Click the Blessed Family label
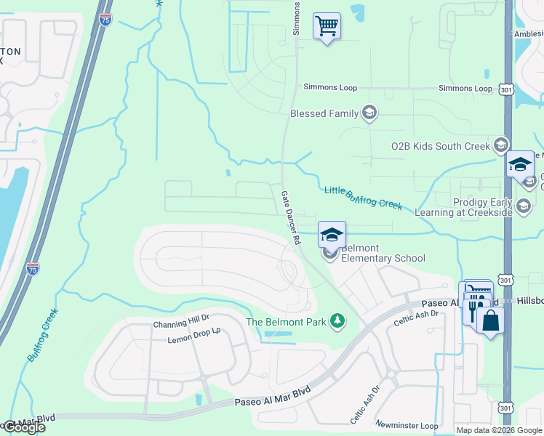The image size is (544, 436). point(324,113)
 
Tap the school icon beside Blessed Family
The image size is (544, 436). point(369,113)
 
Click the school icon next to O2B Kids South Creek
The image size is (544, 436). point(500,145)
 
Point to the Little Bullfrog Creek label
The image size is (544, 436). point(363,196)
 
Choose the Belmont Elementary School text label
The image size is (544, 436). point(383,254)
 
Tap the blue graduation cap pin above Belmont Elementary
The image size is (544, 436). point(332,235)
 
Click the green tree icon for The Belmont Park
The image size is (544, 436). point(337,320)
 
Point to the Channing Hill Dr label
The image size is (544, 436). point(180,326)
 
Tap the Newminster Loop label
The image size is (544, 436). point(407,425)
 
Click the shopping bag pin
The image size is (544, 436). point(491,320)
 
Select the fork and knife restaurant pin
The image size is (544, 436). point(473,311)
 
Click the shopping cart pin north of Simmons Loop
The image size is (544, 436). point(327,26)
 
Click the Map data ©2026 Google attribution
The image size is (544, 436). point(498,430)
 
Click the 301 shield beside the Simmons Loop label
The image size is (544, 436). point(505,89)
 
